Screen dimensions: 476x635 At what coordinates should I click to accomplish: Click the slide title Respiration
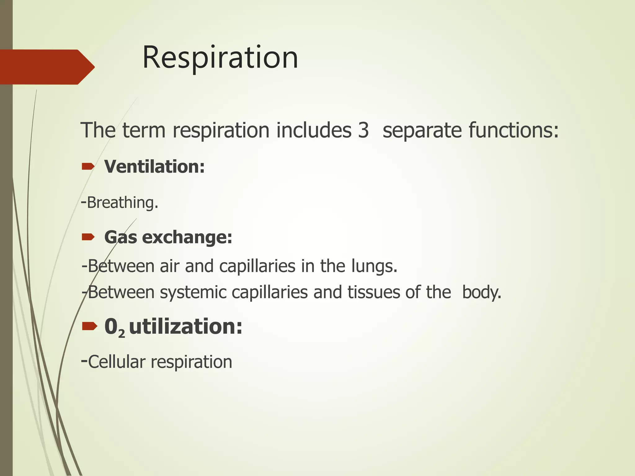[220, 58]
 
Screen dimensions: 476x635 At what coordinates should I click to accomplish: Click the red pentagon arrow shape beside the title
[47, 67]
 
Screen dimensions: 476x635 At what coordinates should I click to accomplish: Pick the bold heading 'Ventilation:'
[154, 167]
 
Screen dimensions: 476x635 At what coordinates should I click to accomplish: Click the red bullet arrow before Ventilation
[88, 167]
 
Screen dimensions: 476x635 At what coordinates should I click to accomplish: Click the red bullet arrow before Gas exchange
[88, 237]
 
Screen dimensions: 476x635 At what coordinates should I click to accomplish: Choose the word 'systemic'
[193, 292]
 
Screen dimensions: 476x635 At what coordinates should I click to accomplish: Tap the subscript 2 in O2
[122, 334]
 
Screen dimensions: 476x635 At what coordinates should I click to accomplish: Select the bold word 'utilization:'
[185, 327]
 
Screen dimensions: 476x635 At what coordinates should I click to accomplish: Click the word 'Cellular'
[117, 362]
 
